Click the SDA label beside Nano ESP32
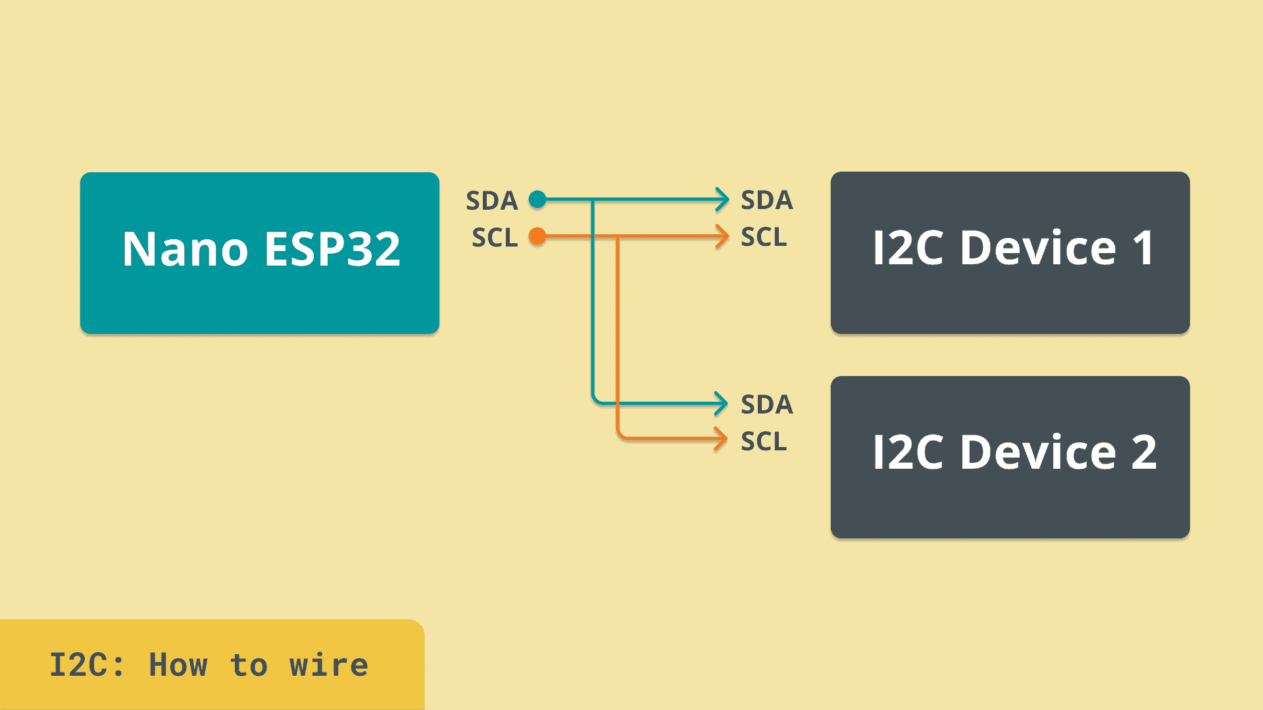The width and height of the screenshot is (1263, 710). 491,201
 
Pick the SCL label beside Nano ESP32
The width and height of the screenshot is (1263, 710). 495,237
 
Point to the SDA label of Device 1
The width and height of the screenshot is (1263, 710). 766,200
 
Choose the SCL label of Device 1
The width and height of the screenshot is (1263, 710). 763,237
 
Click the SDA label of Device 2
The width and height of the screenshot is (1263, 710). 766,404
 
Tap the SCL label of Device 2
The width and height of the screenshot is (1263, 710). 763,441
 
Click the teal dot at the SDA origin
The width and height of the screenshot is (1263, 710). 537,199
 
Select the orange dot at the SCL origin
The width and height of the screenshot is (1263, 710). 537,236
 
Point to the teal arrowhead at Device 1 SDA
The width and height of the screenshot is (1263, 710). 722,199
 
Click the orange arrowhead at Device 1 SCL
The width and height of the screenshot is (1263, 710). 722,236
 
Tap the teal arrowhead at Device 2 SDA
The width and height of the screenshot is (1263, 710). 721,404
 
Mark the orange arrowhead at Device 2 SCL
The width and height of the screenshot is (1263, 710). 721,439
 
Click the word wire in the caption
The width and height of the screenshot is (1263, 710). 328,665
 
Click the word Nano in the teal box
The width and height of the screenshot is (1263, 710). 185,249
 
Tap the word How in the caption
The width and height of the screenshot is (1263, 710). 178,665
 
